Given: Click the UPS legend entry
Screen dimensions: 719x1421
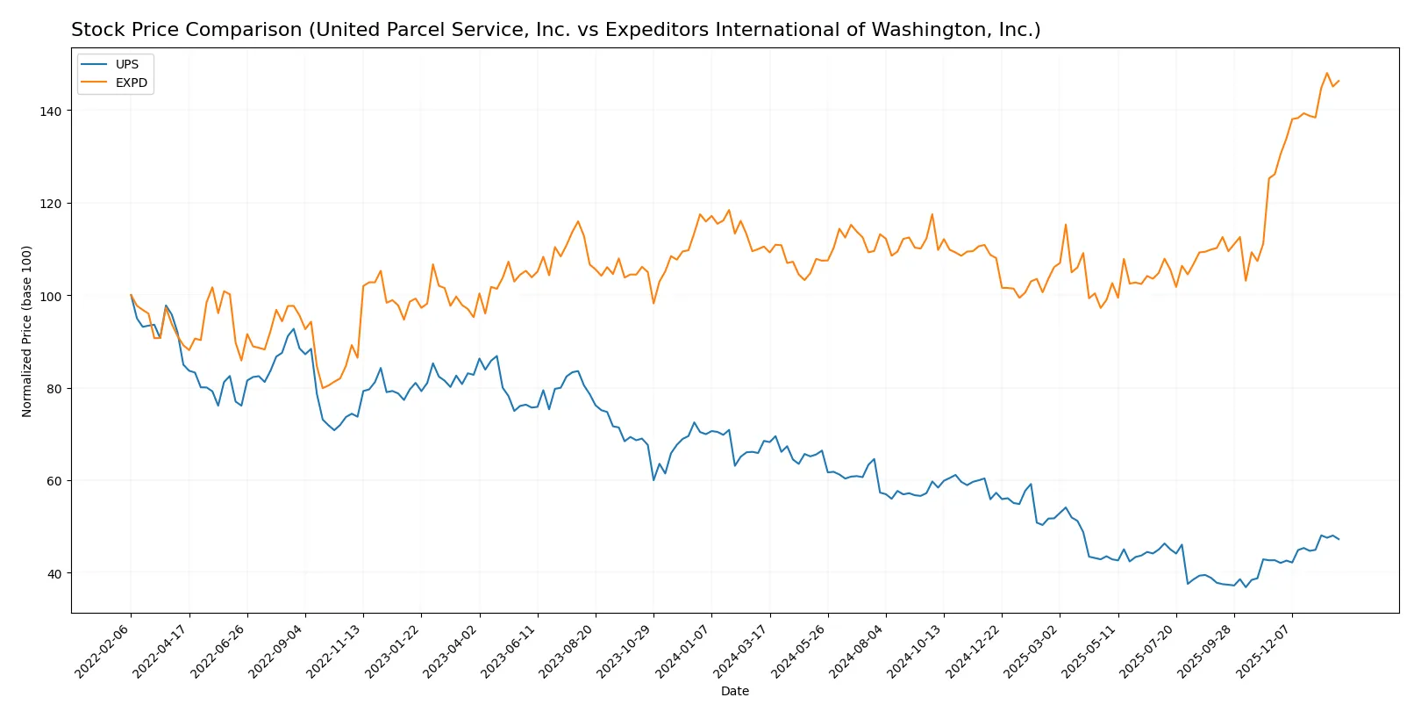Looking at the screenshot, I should pyautogui.click(x=126, y=65).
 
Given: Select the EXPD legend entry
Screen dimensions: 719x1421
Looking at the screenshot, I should pyautogui.click(x=131, y=83).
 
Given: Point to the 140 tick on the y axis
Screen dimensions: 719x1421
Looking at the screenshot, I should pyautogui.click(x=50, y=111).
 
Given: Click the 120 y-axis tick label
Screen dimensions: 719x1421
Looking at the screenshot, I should pyautogui.click(x=50, y=204).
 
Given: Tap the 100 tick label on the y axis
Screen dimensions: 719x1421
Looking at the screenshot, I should pyautogui.click(x=50, y=297).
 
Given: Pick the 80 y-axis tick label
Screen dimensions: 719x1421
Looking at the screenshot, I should pyautogui.click(x=53, y=389).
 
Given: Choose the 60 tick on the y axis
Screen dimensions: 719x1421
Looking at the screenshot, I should pyautogui.click(x=53, y=481).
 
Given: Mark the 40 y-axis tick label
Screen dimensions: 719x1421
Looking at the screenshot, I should pyautogui.click(x=53, y=574).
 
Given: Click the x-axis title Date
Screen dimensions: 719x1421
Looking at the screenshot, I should pyautogui.click(x=735, y=692).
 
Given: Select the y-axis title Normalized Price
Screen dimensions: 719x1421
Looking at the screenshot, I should pyautogui.click(x=27, y=331).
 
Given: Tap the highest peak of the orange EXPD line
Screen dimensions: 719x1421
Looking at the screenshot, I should pyautogui.click(x=1326, y=74).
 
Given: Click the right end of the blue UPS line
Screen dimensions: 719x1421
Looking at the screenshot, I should pyautogui.click(x=1339, y=539).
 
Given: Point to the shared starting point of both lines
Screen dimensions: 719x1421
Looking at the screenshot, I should pyautogui.click(x=131, y=296).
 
